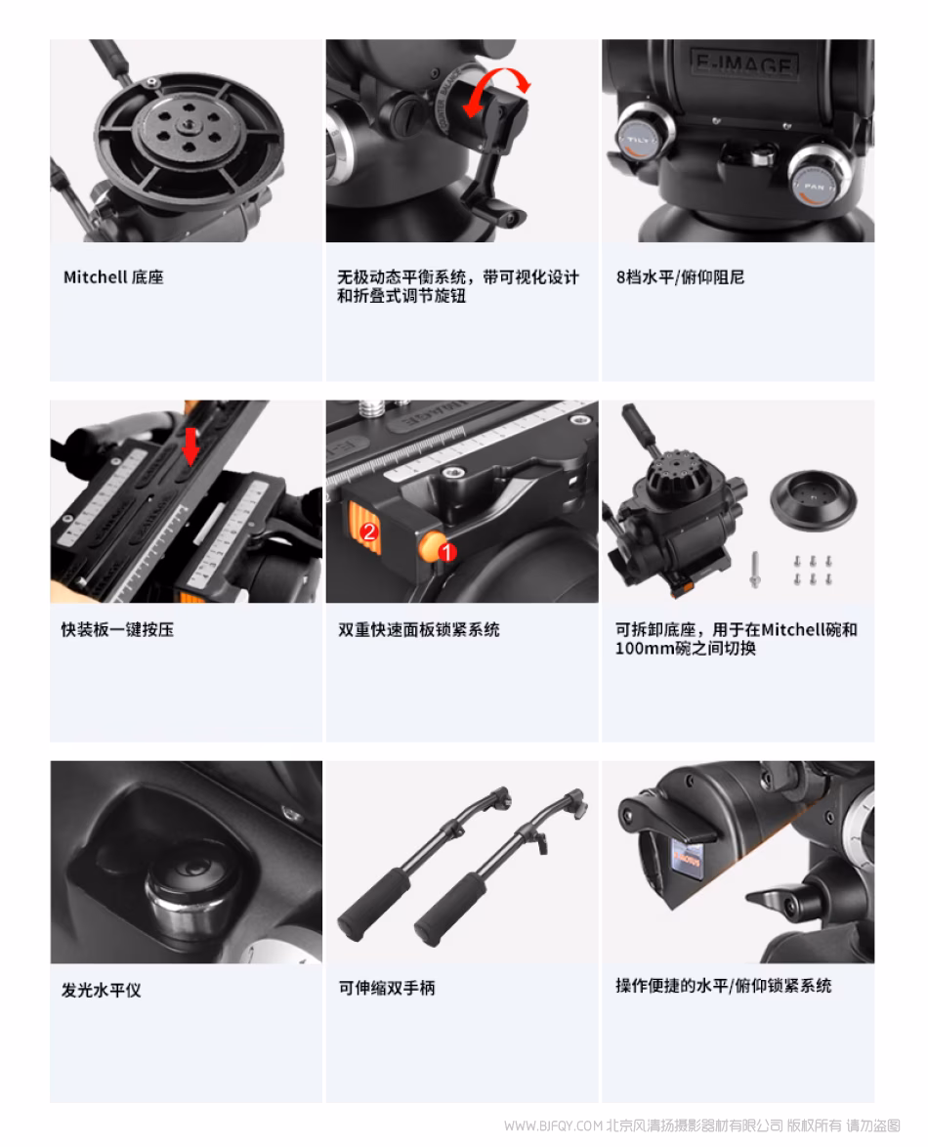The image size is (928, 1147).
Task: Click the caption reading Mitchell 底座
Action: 113,277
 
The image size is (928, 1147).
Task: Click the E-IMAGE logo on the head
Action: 744,64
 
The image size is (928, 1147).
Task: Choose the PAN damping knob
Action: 819,176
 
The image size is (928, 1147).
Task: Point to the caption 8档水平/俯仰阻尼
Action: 680,277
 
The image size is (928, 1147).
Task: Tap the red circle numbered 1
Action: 446,551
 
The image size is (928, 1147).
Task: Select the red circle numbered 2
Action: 369,531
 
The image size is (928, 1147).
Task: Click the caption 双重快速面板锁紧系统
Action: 419,630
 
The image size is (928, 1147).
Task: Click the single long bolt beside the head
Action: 755,570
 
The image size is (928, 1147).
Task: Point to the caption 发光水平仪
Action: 101,990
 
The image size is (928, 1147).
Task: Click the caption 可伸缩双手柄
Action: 387,988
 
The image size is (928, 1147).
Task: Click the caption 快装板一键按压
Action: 118,630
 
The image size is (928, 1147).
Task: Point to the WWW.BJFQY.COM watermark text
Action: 553,1126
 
